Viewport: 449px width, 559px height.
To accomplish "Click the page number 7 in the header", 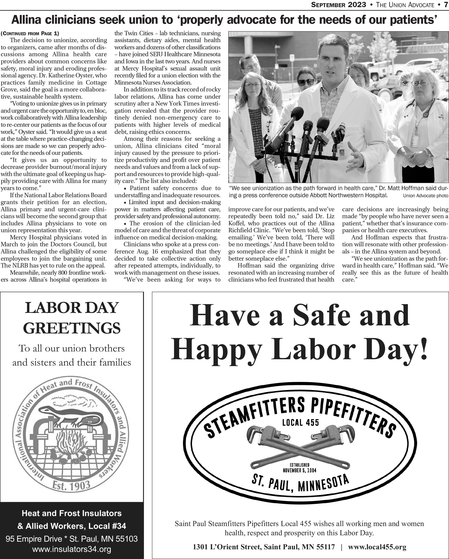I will (445, 5).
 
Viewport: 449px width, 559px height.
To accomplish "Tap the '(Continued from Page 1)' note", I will (30, 33).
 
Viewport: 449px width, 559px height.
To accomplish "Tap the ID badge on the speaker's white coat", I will (342, 151).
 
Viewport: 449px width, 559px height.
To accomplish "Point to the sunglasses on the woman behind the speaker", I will (306, 82).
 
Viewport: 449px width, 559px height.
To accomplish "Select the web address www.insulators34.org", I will (72, 549).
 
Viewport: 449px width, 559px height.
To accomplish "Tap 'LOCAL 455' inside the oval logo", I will (300, 423).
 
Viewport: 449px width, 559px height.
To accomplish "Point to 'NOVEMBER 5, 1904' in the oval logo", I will (300, 470).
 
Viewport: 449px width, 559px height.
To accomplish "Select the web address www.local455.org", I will (377, 547).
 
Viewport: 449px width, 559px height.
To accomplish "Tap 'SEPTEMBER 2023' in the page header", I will (338, 5).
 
